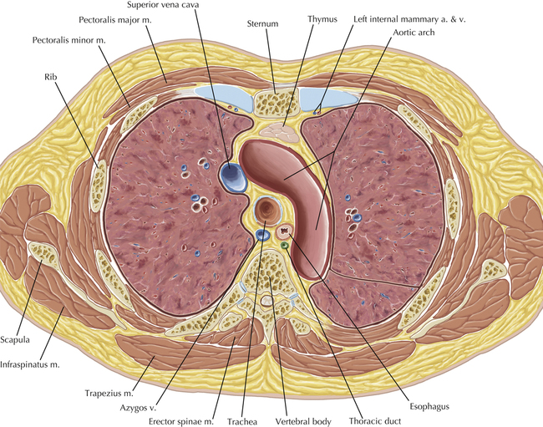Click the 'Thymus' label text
(x=322, y=18)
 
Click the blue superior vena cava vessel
(x=232, y=176)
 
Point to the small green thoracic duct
(x=285, y=246)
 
